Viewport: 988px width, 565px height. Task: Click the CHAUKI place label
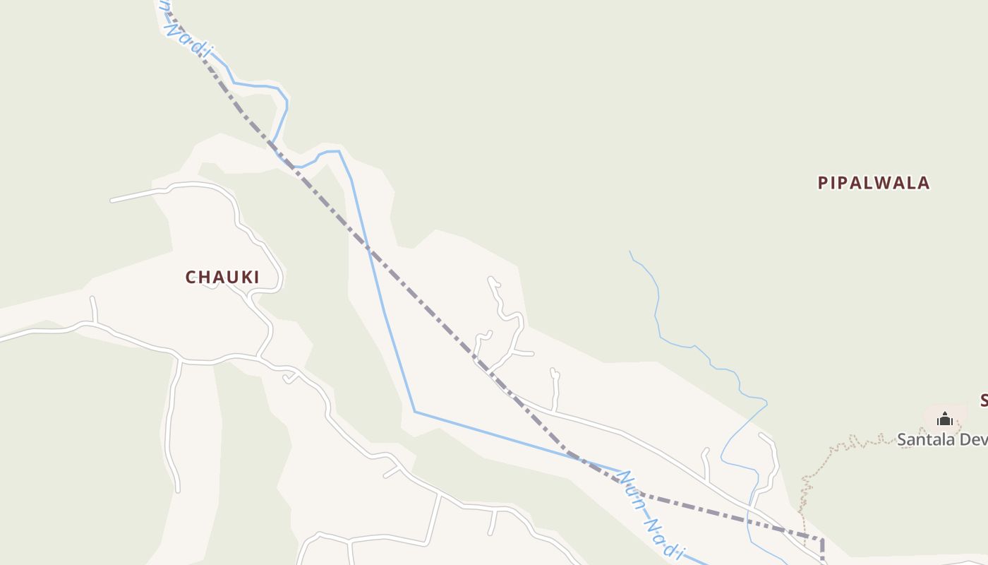point(222,277)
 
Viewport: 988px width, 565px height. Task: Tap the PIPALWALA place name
point(874,183)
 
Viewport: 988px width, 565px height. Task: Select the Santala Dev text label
point(941,440)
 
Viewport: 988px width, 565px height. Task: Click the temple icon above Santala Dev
point(945,420)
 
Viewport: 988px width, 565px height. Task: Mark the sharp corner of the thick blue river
point(415,411)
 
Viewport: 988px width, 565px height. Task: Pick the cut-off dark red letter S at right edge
point(983,401)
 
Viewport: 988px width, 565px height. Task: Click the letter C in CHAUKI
point(191,278)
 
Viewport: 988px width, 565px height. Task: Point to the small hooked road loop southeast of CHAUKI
point(289,379)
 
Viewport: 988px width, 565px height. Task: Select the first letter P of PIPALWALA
point(823,183)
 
